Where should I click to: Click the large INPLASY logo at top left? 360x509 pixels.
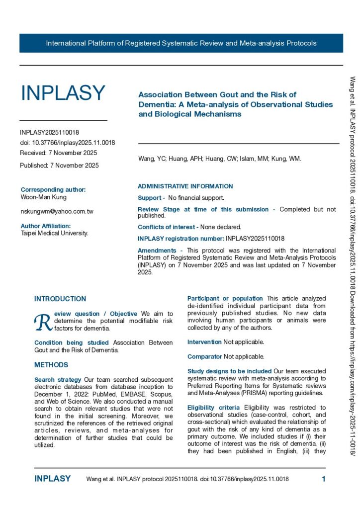[63, 93]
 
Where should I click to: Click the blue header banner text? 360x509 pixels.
[181, 43]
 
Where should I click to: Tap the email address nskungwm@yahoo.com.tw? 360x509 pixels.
[57, 211]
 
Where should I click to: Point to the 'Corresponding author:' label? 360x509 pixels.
[53, 189]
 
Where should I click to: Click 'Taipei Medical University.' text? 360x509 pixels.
[55, 233]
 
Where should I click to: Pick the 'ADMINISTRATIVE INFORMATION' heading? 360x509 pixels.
[185, 186]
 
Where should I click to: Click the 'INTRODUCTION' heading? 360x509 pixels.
[60, 299]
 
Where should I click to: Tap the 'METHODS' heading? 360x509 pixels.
[51, 365]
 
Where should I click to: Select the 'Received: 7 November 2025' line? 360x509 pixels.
[59, 153]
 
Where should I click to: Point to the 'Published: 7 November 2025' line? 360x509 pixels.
[59, 165]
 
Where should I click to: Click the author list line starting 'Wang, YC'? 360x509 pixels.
[220, 159]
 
